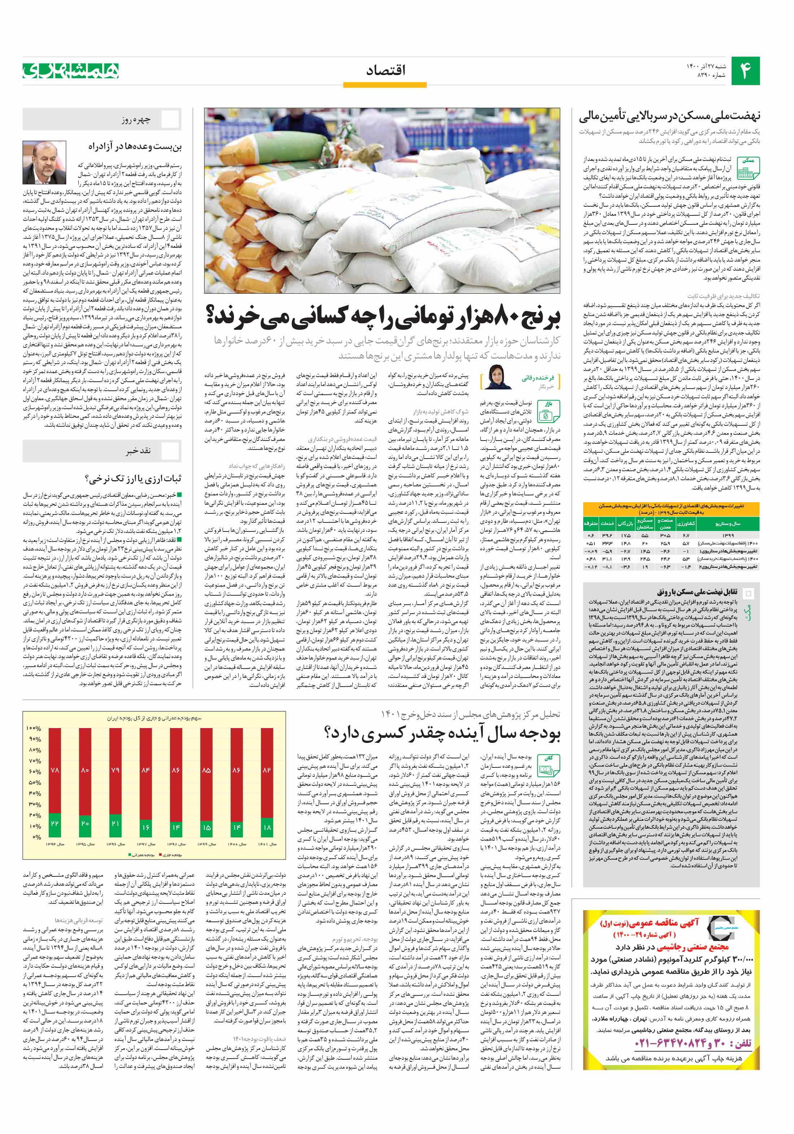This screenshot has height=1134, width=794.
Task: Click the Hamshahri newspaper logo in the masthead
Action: tap(71, 71)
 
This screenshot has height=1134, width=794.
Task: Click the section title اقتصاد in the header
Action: tap(385, 71)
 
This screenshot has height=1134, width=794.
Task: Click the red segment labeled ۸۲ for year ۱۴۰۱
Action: tap(267, 770)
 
